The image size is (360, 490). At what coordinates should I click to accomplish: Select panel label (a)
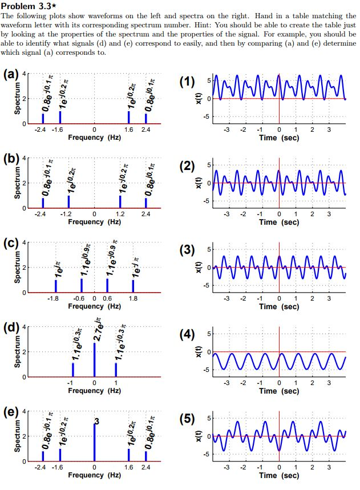click(x=11, y=75)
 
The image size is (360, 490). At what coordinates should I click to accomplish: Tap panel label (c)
click(x=11, y=244)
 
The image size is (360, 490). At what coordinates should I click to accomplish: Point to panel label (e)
click(x=11, y=413)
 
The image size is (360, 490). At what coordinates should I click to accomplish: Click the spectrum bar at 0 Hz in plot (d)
click(x=94, y=360)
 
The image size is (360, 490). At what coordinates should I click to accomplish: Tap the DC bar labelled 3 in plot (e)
click(x=94, y=443)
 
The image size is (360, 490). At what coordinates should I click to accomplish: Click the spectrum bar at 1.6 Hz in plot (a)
click(x=128, y=117)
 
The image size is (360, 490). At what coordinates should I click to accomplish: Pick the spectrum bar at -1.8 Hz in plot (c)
click(x=55, y=286)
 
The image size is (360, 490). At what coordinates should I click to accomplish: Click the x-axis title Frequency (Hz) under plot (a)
click(x=94, y=137)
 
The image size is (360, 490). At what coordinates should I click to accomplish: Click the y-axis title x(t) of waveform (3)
click(x=200, y=267)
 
